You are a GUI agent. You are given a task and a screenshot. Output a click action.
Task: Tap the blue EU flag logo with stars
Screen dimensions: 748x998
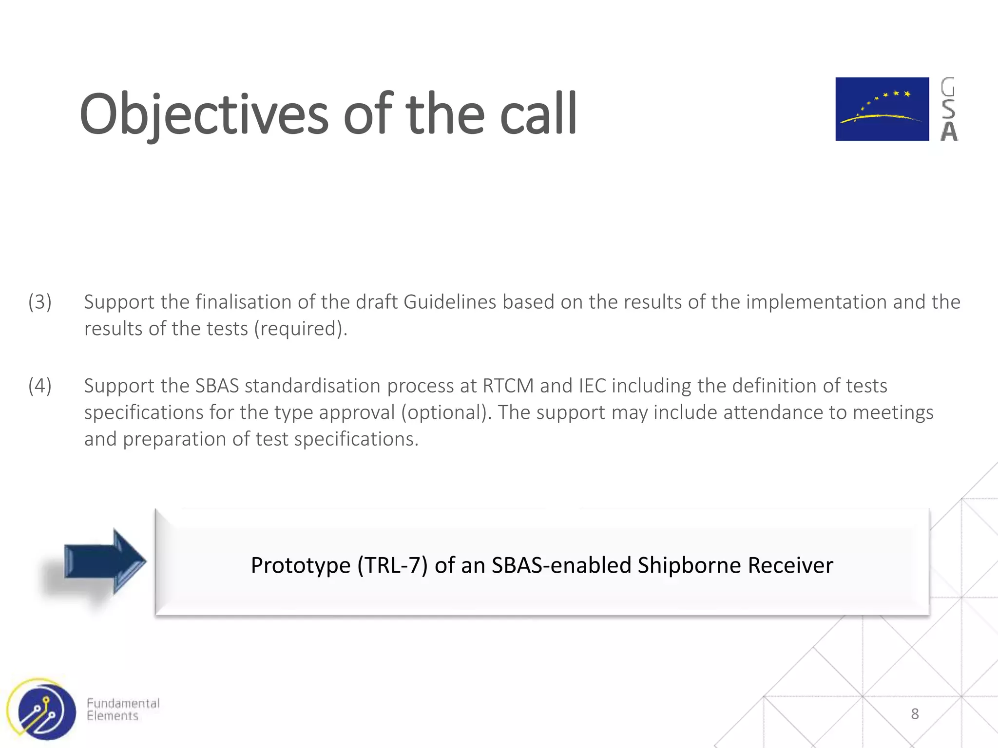(882, 109)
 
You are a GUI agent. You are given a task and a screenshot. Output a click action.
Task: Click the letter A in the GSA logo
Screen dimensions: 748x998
(949, 131)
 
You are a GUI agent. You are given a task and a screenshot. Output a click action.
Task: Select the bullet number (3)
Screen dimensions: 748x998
(40, 302)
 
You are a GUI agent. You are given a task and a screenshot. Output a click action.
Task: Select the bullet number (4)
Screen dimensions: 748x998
(40, 386)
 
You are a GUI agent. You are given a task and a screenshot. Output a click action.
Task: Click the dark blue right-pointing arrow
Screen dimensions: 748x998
(105, 561)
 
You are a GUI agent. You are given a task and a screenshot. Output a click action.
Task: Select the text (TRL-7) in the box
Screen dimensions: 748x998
(392, 565)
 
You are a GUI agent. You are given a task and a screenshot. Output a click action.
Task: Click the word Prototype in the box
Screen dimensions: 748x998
(301, 565)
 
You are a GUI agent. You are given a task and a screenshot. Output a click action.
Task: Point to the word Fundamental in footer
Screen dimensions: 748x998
(123, 703)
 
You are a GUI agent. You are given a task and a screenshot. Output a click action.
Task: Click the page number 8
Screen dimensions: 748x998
(915, 714)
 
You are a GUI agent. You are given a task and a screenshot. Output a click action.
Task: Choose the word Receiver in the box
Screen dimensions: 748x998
(790, 565)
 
